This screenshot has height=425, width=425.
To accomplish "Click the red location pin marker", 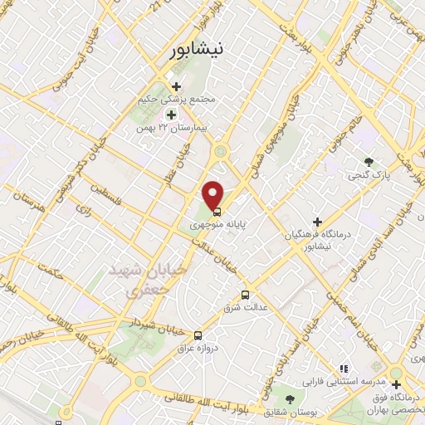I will [x=214, y=193].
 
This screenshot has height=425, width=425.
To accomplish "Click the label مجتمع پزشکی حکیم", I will [x=178, y=99].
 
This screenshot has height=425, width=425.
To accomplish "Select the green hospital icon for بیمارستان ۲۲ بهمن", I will [x=172, y=115].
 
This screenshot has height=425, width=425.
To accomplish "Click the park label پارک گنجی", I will [x=367, y=176].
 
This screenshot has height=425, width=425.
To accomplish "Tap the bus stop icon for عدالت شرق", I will [x=244, y=295].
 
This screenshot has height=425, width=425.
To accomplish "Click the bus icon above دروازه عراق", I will [x=198, y=335].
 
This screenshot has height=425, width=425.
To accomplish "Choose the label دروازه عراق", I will [x=198, y=349].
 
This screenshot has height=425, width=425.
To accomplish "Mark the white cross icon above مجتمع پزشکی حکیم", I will [x=173, y=84].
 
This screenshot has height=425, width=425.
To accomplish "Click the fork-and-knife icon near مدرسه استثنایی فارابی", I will [x=344, y=369].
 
